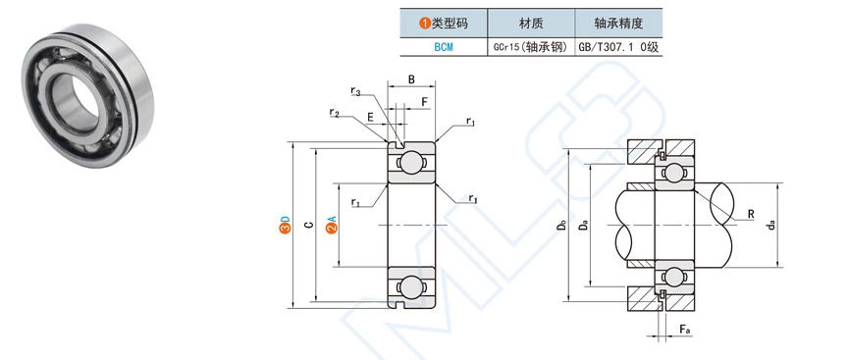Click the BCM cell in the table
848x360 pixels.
tap(443, 45)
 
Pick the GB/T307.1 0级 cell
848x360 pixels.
tap(616, 45)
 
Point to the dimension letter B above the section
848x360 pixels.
tap(411, 79)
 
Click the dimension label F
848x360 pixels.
tap(424, 101)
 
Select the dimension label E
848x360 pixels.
tap(370, 117)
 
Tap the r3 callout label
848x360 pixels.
tap(355, 92)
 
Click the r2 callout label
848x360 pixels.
tap(335, 113)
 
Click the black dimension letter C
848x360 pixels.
tap(308, 226)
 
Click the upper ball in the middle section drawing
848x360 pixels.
tap(411, 162)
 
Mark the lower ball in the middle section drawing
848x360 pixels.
tap(411, 286)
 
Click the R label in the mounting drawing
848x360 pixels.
tap(750, 213)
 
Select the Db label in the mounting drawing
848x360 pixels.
tap(561, 225)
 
